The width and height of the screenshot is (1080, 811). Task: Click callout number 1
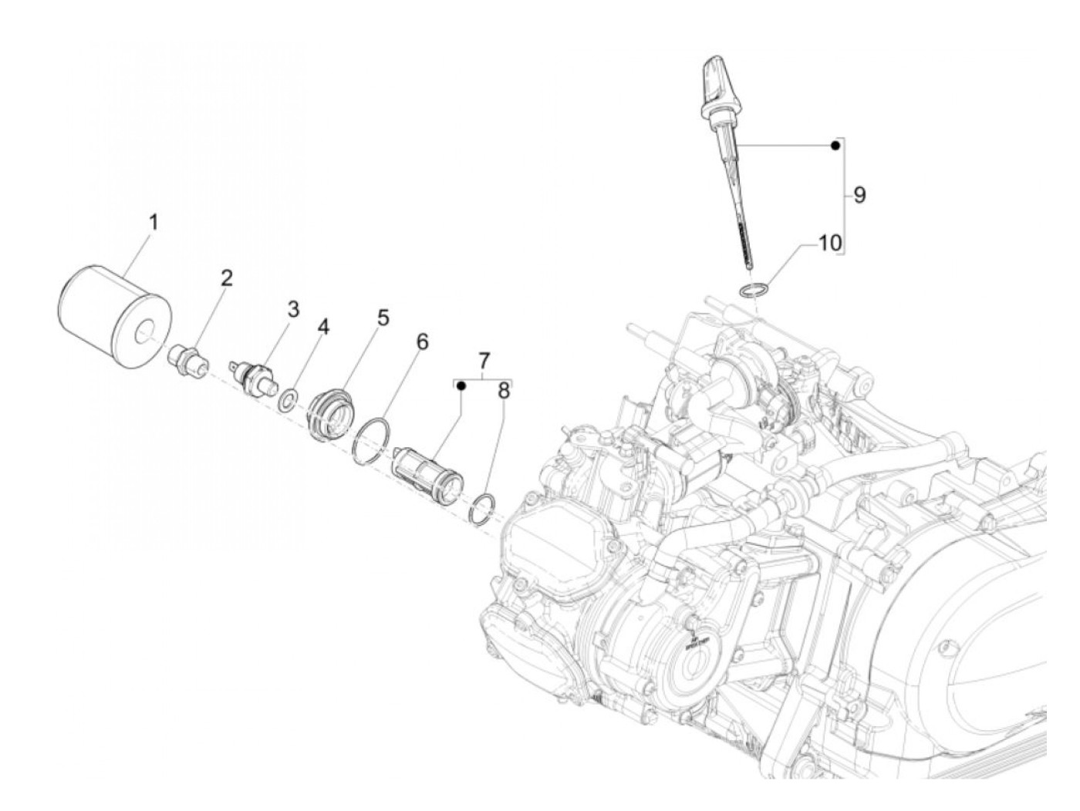coord(154,223)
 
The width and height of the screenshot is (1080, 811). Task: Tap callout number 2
coord(226,279)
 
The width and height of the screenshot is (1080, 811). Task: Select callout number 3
coord(293,310)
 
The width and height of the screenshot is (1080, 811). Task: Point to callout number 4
coord(322,328)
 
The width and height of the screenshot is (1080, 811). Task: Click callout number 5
coord(383,318)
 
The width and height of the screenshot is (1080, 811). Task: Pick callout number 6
coord(422,342)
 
